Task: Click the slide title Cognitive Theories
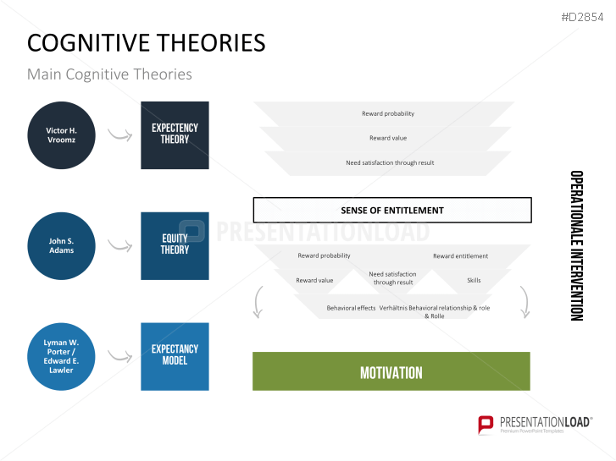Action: [x=146, y=42]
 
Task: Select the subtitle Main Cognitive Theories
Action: [x=109, y=74]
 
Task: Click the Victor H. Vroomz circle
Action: [x=61, y=135]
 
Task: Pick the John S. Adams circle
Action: [x=61, y=245]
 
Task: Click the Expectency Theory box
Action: [x=175, y=134]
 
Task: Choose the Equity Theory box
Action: [x=175, y=245]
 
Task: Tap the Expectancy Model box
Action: [x=175, y=355]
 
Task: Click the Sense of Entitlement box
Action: [x=391, y=210]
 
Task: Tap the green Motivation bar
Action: [x=391, y=371]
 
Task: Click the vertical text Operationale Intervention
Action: [x=576, y=245]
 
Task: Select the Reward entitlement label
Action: [x=460, y=256]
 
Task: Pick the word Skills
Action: [x=474, y=280]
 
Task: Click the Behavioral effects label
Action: [x=351, y=308]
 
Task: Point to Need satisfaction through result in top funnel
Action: [x=390, y=162]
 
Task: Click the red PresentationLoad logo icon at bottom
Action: [x=486, y=424]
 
